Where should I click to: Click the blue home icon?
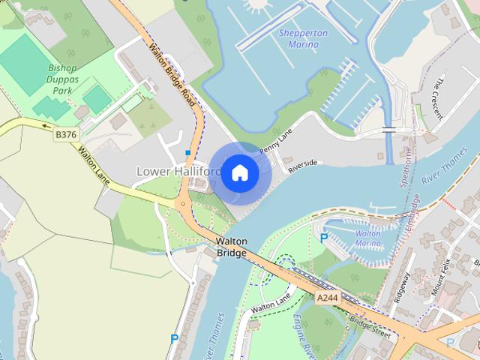[239, 173]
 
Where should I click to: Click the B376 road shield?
[66, 134]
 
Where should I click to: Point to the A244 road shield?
[326, 298]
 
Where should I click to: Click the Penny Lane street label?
[275, 139]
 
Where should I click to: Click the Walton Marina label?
[367, 238]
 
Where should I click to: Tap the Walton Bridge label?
[231, 247]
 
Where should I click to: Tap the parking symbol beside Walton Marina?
[324, 238]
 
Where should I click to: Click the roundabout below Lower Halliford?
[181, 203]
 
